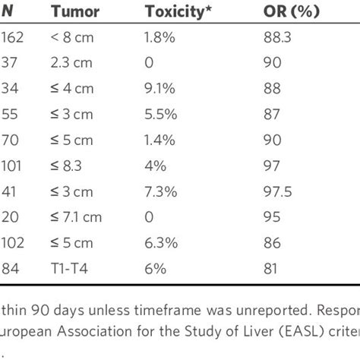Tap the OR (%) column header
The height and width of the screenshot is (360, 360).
click(x=292, y=11)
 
